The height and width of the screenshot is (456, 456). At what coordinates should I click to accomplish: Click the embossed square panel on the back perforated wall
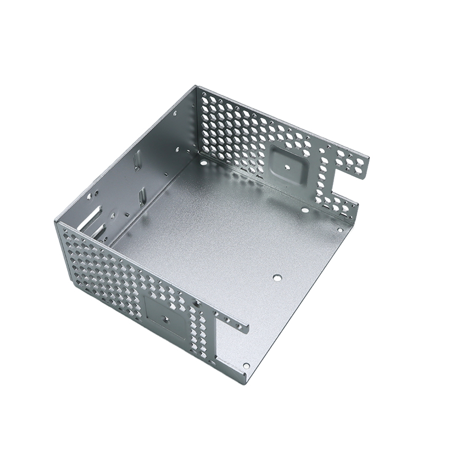tap(289, 164)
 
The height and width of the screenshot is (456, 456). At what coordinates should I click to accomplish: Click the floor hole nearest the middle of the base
tap(277, 278)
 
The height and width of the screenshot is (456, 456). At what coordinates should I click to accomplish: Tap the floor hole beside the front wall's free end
tap(246, 365)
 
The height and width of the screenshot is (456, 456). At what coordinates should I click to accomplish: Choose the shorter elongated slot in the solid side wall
tap(97, 231)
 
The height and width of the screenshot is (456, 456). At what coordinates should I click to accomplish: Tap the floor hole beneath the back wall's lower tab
tap(340, 230)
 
